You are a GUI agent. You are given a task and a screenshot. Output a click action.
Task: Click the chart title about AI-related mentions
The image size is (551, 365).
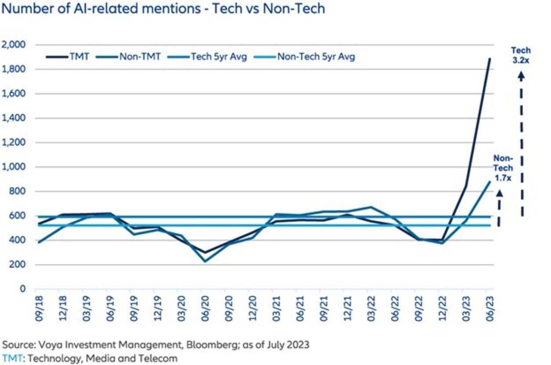pyautogui.click(x=163, y=8)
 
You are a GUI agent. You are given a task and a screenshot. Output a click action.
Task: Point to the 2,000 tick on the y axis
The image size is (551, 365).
pyautogui.click(x=14, y=45)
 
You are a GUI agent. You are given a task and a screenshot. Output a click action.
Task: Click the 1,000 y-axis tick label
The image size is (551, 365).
pyautogui.click(x=14, y=167)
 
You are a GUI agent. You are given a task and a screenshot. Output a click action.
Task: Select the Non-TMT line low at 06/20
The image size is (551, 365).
pyautogui.click(x=204, y=262)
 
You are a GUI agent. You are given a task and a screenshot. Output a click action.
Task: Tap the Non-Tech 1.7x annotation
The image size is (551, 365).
pyautogui.click(x=503, y=168)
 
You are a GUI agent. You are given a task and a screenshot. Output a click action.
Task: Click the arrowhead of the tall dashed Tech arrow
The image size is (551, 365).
pyautogui.click(x=521, y=76)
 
